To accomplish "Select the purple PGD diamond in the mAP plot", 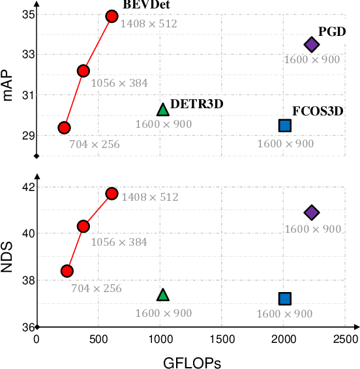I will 312,44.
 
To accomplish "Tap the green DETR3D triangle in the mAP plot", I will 163,109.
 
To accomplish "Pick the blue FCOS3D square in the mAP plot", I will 285,125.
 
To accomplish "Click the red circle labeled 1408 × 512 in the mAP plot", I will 112,16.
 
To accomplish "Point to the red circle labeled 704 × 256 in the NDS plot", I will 67,271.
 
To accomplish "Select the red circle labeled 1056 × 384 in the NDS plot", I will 83,226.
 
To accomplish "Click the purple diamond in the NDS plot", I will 312,212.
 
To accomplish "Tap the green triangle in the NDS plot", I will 163,295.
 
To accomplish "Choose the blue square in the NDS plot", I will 285,299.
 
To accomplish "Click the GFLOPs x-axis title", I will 192,361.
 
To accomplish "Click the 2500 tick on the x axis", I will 346,339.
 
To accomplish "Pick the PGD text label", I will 331,31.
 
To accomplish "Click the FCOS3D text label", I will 318,110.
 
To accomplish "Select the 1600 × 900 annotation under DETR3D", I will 163,124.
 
